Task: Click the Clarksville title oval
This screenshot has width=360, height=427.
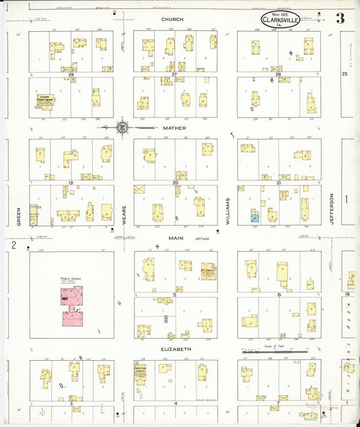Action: click(x=282, y=20)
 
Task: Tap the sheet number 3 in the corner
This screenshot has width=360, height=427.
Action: click(x=340, y=18)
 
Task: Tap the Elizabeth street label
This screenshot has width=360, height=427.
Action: click(x=175, y=349)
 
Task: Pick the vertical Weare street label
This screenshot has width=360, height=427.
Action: click(x=124, y=214)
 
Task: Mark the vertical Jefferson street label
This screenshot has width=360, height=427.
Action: click(x=332, y=208)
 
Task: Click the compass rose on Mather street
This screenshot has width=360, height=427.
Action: click(x=123, y=126)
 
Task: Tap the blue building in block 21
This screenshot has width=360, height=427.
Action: click(x=255, y=218)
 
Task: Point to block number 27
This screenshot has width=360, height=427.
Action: click(x=174, y=74)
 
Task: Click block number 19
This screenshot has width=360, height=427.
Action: click(x=70, y=182)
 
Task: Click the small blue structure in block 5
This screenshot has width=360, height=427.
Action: click(x=165, y=318)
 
